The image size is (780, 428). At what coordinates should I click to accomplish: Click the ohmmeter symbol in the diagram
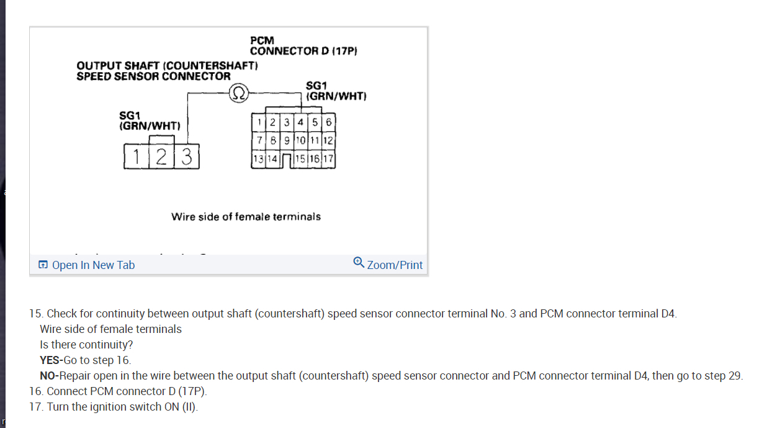pyautogui.click(x=239, y=94)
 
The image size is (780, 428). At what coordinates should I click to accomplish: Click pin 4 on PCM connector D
pyautogui.click(x=301, y=122)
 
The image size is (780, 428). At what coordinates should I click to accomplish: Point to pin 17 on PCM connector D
pyautogui.click(x=328, y=159)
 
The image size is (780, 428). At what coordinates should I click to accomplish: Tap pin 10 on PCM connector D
pyautogui.click(x=300, y=140)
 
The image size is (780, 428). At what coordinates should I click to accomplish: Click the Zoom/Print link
pyautogui.click(x=395, y=265)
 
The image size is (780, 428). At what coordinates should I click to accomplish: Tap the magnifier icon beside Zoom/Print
pyautogui.click(x=359, y=263)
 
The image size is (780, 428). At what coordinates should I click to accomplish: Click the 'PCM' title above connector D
pyautogui.click(x=262, y=41)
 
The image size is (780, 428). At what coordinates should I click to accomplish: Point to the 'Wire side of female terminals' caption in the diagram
pyautogui.click(x=246, y=217)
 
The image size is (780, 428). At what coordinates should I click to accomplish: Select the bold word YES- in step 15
pyautogui.click(x=51, y=360)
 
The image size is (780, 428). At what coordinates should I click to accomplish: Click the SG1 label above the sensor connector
pyautogui.click(x=130, y=116)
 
